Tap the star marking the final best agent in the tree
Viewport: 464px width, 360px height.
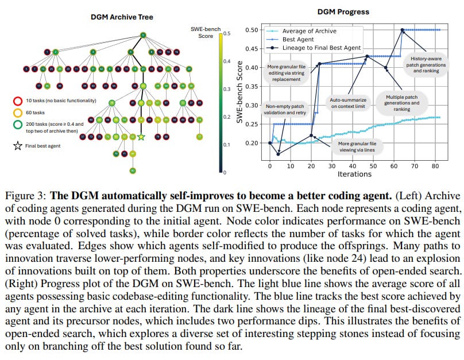click(x=141, y=137)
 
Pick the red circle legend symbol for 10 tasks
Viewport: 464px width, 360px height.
click(x=18, y=101)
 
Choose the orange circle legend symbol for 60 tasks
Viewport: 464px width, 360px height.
click(x=18, y=113)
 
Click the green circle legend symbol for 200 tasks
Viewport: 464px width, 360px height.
click(x=18, y=125)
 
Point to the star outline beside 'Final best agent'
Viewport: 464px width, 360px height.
click(x=18, y=145)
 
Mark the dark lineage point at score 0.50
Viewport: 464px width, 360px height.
click(x=403, y=30)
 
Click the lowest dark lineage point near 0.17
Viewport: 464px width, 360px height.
click(x=279, y=154)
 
